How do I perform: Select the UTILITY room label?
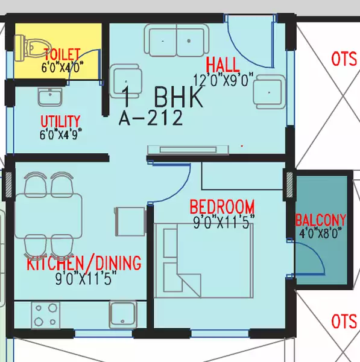pyautogui.click(x=60, y=120)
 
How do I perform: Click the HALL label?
pyautogui.click(x=222, y=65)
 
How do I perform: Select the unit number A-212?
pyautogui.click(x=151, y=118)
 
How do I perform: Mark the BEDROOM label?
pyautogui.click(x=221, y=207)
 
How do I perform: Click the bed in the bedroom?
pyautogui.click(x=202, y=261)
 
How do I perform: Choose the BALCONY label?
pyautogui.click(x=321, y=220)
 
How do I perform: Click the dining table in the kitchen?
pyautogui.click(x=48, y=215)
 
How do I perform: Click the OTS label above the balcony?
pyautogui.click(x=344, y=59)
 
